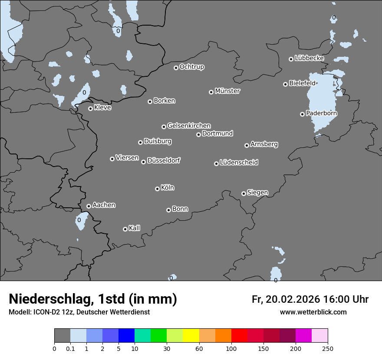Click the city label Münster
coord(227,91)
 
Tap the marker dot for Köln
coord(157,189)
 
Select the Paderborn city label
coord(322,113)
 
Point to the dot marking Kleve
coord(90,108)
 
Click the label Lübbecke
coord(309,58)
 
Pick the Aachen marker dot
coord(89,206)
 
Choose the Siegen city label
coord(257,193)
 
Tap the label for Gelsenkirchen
coord(189,126)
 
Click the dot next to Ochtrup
coord(176,67)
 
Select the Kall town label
coord(135,228)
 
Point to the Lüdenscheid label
coord(239,163)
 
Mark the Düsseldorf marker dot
coord(143,162)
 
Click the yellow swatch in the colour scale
coord(191,336)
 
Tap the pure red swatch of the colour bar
coord(239,336)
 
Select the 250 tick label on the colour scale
coord(328,348)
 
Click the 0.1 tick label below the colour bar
coord(70,348)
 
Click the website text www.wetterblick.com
coord(313,312)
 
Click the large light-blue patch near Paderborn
coord(322,100)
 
